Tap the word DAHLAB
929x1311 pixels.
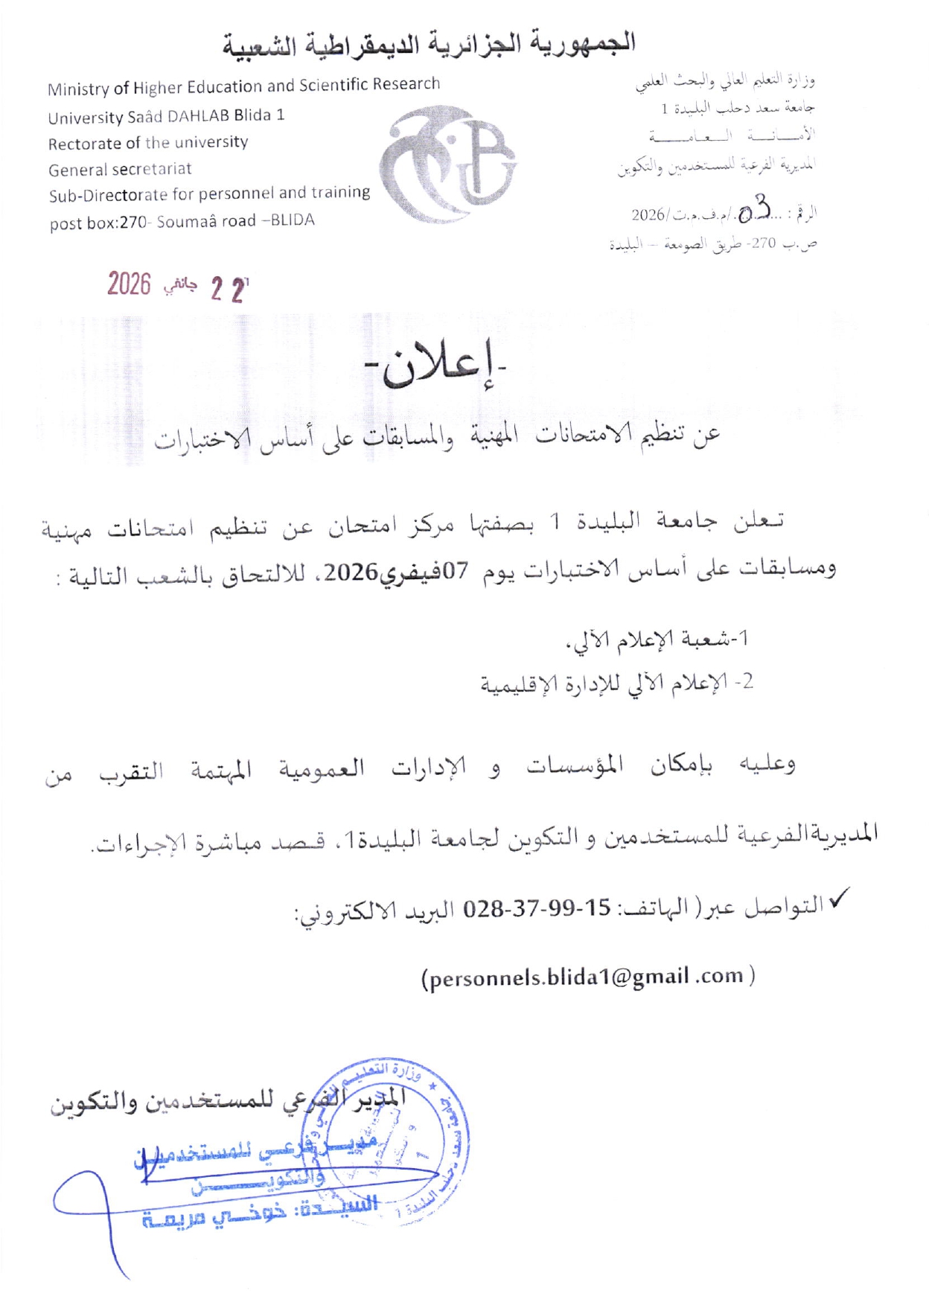(198, 116)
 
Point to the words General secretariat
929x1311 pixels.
(120, 170)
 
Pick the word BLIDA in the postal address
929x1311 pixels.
(293, 220)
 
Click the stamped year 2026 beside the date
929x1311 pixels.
(129, 284)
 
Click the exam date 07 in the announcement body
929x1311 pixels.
(456, 572)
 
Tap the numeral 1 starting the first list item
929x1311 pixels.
(743, 638)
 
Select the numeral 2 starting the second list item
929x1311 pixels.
(748, 681)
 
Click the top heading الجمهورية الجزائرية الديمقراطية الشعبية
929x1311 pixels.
(430, 44)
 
